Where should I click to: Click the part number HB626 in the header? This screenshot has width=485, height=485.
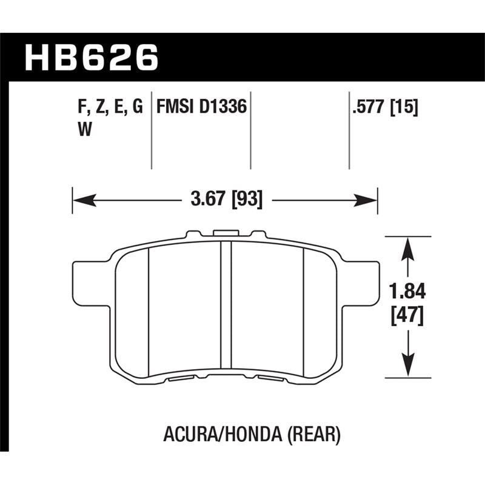point(91,59)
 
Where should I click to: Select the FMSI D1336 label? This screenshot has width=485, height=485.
point(201,107)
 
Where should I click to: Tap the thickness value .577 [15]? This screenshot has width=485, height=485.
point(384,107)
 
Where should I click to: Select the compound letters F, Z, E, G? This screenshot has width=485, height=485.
point(110,107)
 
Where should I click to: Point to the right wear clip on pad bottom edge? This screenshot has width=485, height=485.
point(271,380)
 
